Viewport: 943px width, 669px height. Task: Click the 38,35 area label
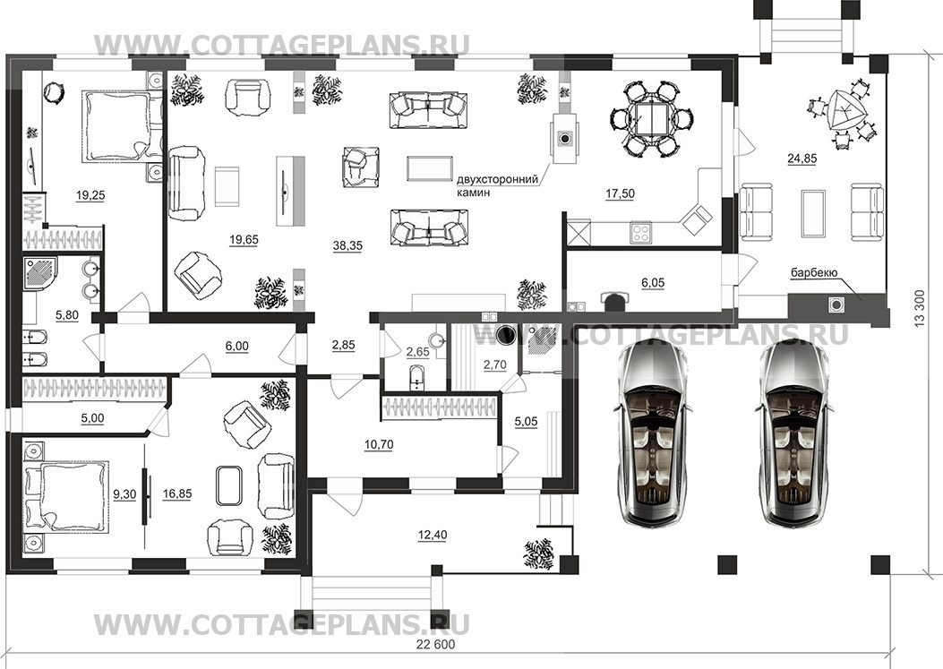pos(347,245)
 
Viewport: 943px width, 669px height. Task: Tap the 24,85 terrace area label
pos(802,159)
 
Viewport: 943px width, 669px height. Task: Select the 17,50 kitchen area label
pos(620,193)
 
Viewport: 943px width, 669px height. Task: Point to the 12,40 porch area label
pos(432,535)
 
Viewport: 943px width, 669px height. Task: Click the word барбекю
pos(814,272)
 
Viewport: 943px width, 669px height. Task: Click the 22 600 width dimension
pos(435,645)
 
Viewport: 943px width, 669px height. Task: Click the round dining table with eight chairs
pos(651,119)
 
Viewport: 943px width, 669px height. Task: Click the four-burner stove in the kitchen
pos(640,233)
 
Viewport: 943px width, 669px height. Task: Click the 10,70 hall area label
pos(379,444)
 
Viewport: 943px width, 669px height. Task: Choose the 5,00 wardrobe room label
pos(92,418)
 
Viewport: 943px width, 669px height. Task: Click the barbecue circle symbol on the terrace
pos(836,305)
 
